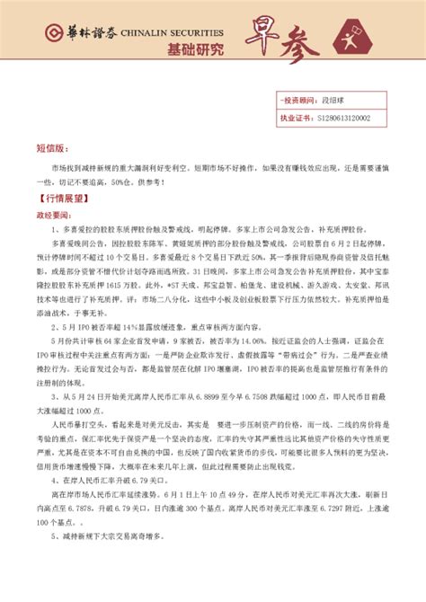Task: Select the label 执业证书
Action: pyautogui.click(x=297, y=118)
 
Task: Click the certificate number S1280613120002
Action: pyautogui.click(x=357, y=118)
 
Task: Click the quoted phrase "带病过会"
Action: pyautogui.click(x=276, y=379)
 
